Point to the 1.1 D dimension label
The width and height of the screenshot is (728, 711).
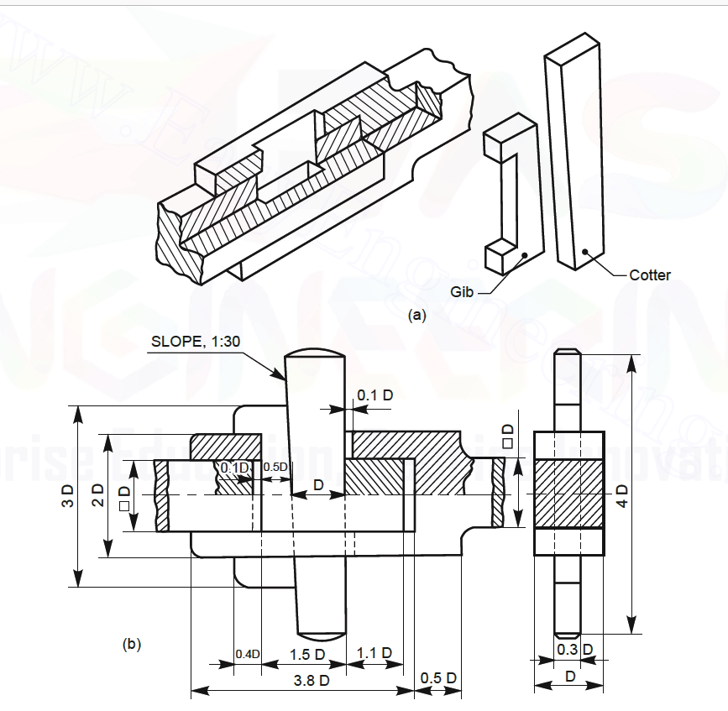(374, 653)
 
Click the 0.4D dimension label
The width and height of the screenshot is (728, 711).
(247, 654)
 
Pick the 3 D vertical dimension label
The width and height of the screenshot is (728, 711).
(68, 497)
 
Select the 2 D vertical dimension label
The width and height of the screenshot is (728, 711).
(97, 497)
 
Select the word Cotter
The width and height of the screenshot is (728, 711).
(650, 274)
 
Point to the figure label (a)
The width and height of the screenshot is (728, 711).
(416, 316)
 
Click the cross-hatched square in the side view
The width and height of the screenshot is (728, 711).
(568, 493)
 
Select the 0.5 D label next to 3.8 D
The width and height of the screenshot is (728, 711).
(438, 677)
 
